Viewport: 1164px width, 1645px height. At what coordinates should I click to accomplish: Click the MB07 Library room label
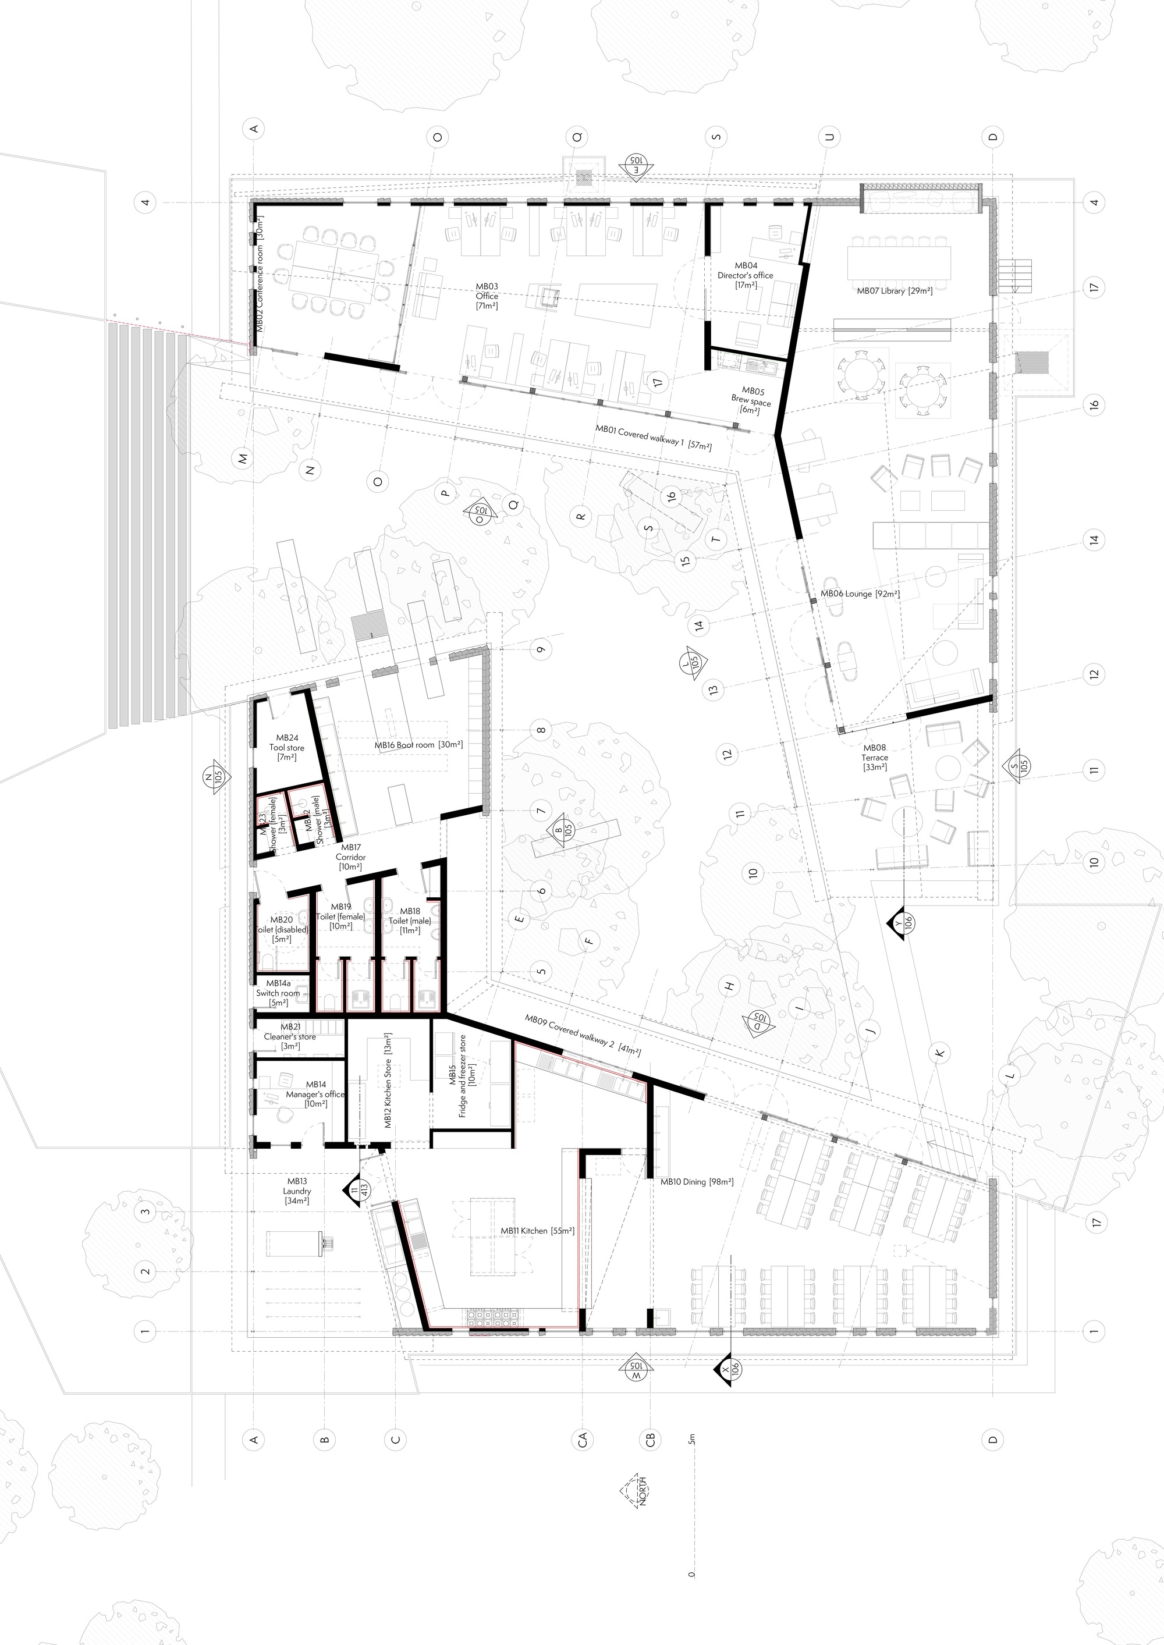coord(894,291)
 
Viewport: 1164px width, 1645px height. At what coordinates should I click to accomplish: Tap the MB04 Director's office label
coord(746,275)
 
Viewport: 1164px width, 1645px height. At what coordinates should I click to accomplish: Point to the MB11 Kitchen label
coord(538,1231)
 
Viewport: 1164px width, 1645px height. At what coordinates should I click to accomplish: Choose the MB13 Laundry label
coord(297,1191)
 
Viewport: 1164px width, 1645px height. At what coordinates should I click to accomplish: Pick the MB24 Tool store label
coord(287,747)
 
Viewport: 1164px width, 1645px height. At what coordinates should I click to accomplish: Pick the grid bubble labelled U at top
coord(830,136)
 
